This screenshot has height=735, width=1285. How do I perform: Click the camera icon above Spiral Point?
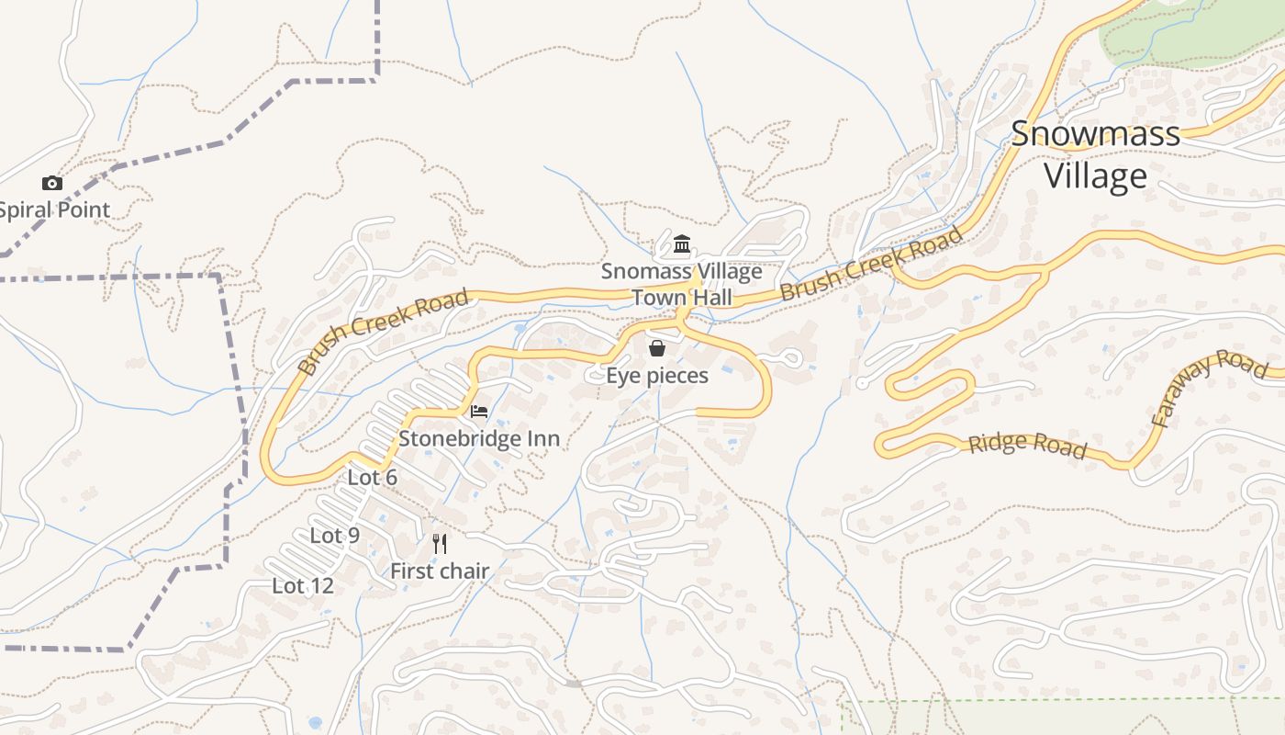coord(52,184)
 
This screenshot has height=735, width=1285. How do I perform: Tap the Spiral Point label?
coord(54,209)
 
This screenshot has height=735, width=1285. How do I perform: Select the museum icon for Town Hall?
coord(682,244)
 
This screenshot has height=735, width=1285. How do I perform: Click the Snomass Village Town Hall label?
coord(682,284)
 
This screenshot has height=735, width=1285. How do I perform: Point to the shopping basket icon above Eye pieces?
coord(657,348)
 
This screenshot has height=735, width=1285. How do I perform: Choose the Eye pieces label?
coord(657,375)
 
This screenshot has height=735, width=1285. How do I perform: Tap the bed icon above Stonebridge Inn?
coord(479,411)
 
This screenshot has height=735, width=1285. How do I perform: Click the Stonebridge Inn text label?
coord(479,438)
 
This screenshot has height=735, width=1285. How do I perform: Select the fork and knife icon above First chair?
coord(440,544)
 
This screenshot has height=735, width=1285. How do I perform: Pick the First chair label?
coord(440,571)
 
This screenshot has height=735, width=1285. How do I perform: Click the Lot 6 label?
coord(373,478)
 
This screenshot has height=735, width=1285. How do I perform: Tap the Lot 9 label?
coord(335,535)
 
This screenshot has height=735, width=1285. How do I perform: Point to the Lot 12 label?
coord(303,585)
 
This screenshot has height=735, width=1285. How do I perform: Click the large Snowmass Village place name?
coord(1096,154)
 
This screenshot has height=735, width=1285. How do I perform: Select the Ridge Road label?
coord(1028,446)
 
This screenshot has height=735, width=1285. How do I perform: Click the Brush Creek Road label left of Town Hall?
coord(384,332)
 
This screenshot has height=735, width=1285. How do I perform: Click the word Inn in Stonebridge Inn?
coord(542,438)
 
